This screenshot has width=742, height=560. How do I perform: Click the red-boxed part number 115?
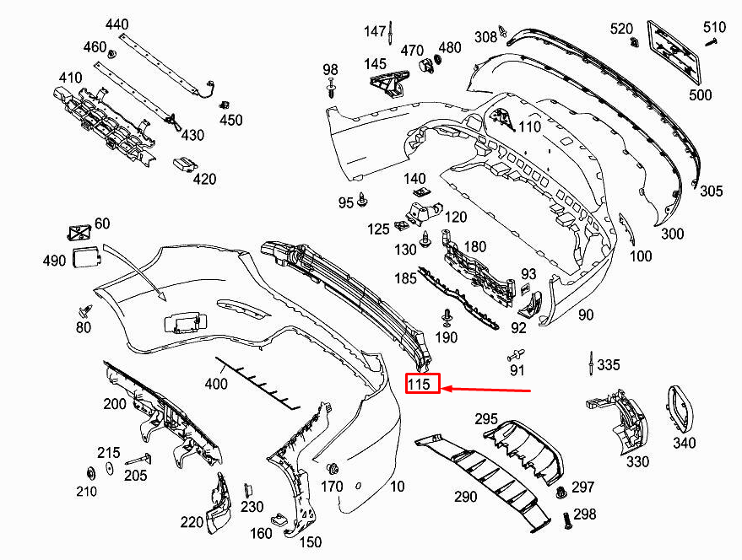422,385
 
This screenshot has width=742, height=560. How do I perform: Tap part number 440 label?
117,24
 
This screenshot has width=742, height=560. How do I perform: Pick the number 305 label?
711,191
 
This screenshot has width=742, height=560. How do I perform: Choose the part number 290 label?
465,497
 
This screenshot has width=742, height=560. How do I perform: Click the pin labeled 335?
587,365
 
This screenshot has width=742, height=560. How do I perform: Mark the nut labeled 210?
90,472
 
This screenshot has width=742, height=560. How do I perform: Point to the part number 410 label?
70,79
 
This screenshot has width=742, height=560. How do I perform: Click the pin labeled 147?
393,33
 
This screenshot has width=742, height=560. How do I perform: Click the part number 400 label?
216,385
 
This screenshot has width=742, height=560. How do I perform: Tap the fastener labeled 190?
445,319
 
